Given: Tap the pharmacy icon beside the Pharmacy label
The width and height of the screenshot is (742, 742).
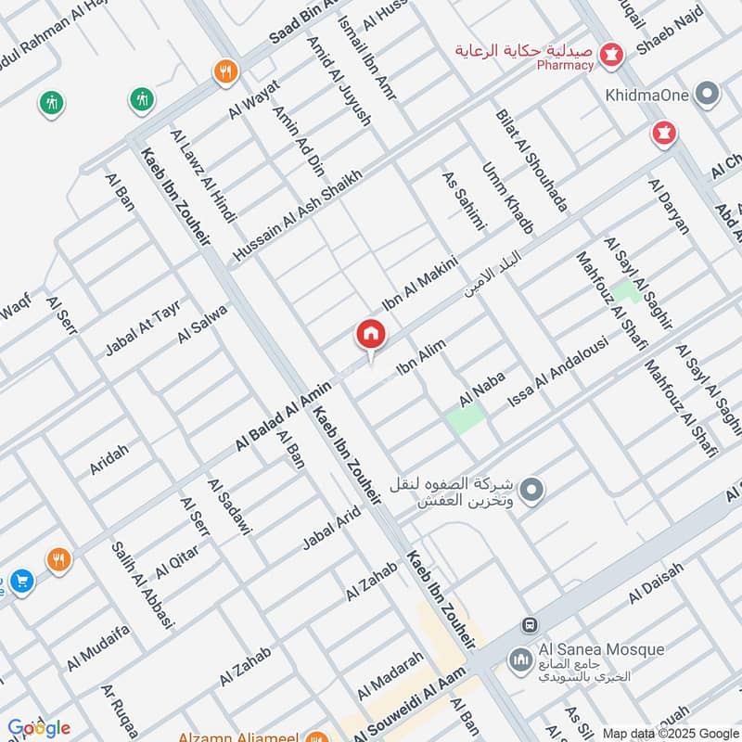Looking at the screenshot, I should coord(611,55).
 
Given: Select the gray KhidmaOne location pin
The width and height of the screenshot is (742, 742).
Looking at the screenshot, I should coord(709,94).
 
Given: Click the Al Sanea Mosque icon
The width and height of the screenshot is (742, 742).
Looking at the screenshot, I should coord(519,659).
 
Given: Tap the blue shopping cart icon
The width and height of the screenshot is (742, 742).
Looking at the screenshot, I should coord(22,582).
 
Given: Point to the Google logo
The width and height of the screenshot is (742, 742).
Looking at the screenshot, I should coord(39,728).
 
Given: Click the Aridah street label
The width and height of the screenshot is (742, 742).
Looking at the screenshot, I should coord(109,460).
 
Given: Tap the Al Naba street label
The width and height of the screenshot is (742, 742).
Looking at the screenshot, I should coord(480,392).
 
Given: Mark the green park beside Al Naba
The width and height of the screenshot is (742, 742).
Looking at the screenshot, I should coord(465,418).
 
